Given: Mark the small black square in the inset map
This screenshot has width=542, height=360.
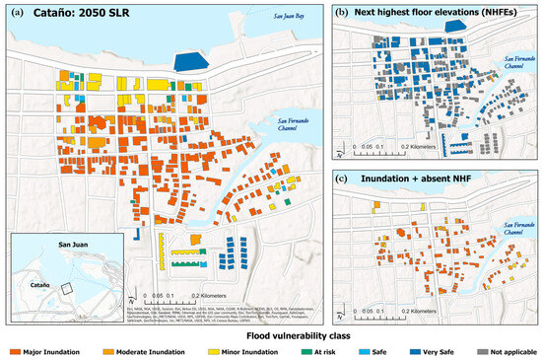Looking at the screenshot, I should point(66,289).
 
